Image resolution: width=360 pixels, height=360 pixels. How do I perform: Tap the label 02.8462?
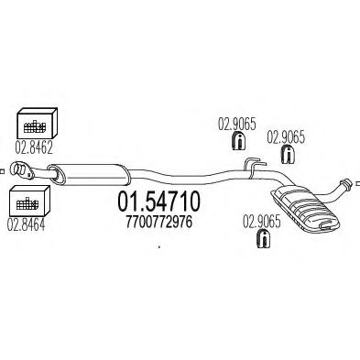[x=34, y=144]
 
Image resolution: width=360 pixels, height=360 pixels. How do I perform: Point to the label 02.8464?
[x=30, y=221]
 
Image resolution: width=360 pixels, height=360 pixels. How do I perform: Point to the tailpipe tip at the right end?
[x=349, y=183]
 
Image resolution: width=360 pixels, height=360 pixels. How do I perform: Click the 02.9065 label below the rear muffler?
[x=260, y=221]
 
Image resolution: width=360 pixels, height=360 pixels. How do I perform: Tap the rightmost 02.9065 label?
[x=285, y=136]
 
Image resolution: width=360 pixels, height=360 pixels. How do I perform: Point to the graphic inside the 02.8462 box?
[x=35, y=124]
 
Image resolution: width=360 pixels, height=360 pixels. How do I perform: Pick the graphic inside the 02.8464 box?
[x=31, y=201]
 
